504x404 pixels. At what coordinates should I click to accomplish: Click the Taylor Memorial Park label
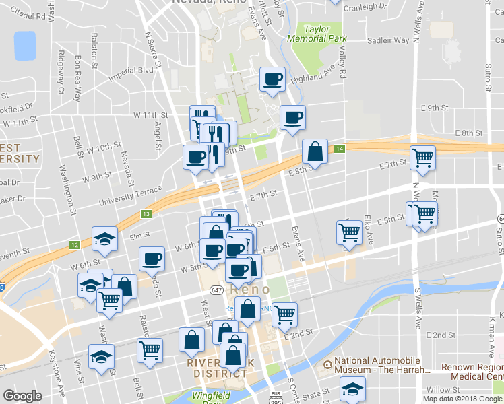[x=317, y=34]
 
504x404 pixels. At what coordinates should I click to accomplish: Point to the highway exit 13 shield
[x=146, y=213]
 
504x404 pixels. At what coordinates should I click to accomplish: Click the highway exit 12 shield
[x=73, y=244]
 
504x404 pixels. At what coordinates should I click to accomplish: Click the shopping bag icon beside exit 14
[x=315, y=152]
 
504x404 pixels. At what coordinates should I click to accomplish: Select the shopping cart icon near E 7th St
[x=422, y=158]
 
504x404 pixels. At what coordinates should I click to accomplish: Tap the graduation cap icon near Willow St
[x=352, y=390]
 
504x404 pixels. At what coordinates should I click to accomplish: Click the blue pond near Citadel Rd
[x=24, y=46]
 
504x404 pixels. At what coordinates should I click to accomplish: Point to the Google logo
[x=22, y=396]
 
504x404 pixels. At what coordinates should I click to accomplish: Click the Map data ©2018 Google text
[x=463, y=399]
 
